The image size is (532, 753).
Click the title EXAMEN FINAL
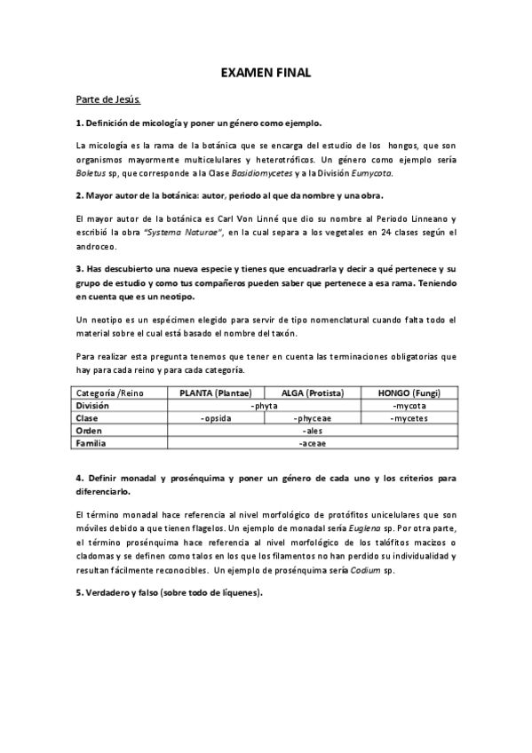[x=266, y=73]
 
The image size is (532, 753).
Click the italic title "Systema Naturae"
[x=188, y=234]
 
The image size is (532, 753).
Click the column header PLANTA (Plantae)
[x=216, y=392]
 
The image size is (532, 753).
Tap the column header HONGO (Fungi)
[x=409, y=392]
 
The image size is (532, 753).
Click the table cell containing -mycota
[x=409, y=405]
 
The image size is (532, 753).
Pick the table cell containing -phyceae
[x=312, y=417]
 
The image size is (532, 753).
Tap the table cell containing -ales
[x=312, y=429]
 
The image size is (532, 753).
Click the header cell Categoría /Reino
[x=110, y=392]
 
